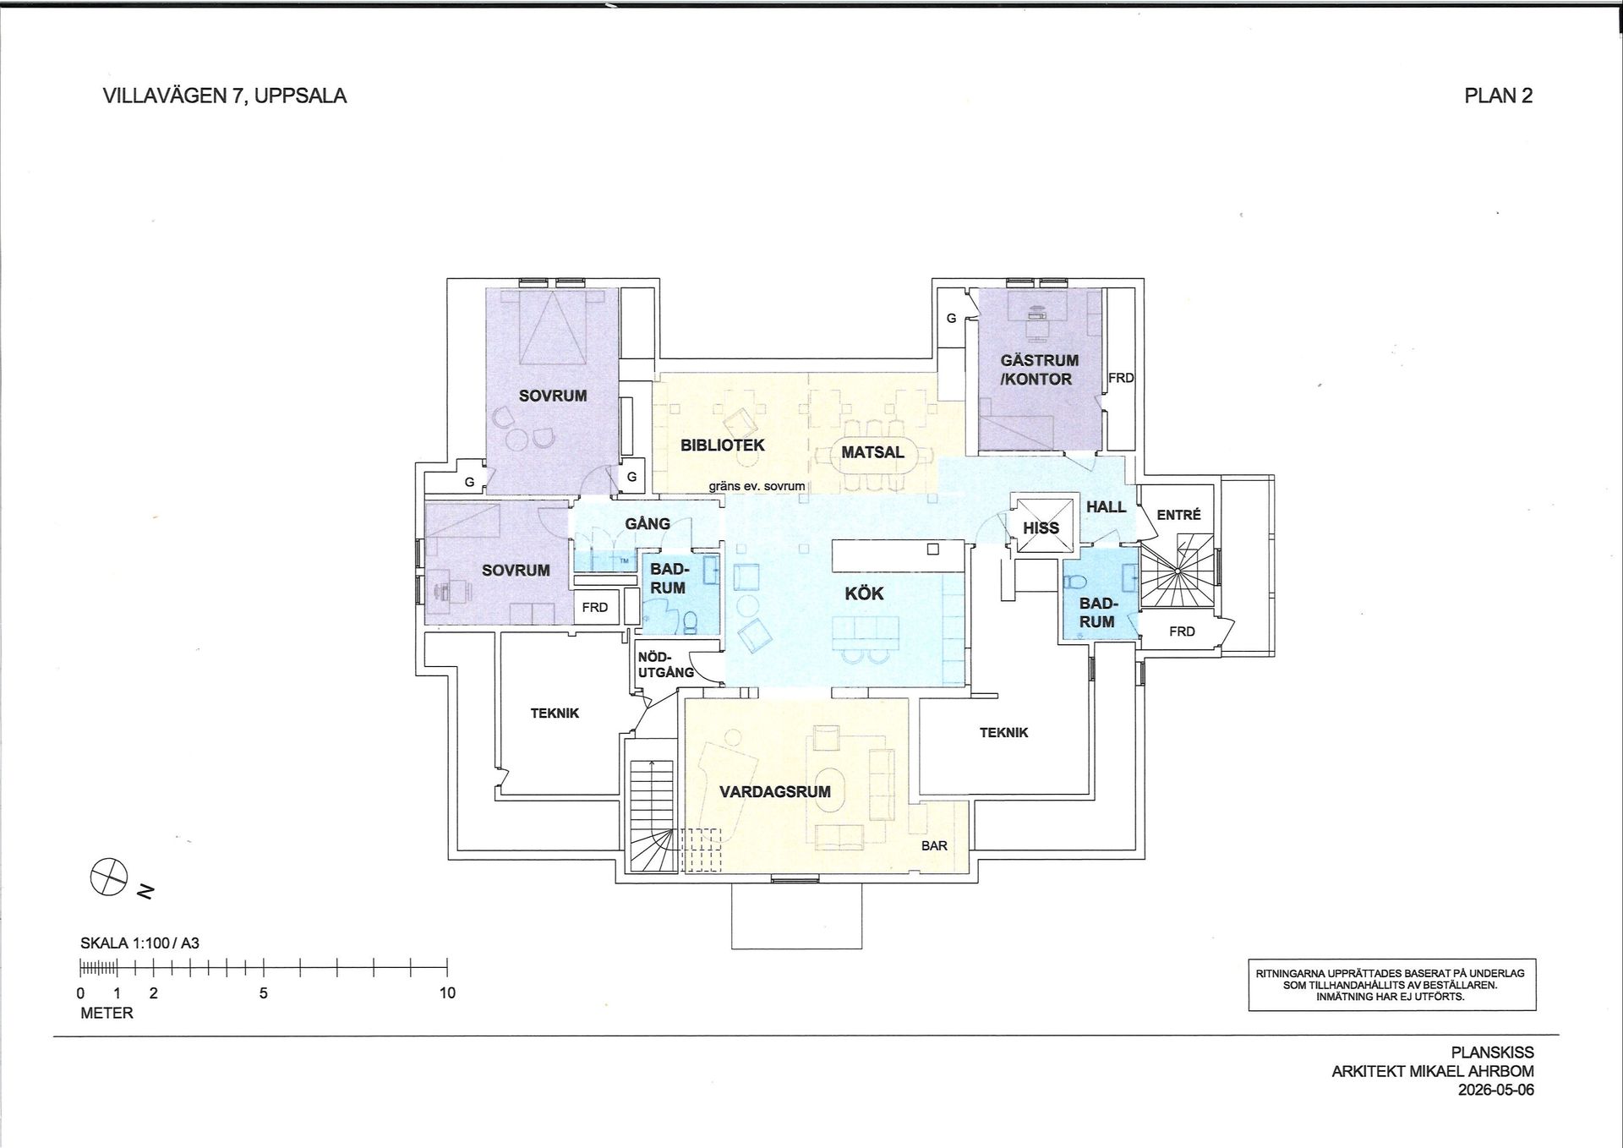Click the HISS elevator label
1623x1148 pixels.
pyautogui.click(x=1041, y=528)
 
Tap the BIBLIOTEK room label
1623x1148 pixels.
pyautogui.click(x=723, y=445)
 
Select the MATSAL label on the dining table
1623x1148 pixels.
pyautogui.click(x=872, y=452)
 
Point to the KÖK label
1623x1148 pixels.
pyautogui.click(x=864, y=593)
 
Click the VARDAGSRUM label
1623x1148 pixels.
pyautogui.click(x=775, y=792)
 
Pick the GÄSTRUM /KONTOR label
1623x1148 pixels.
pyautogui.click(x=1038, y=369)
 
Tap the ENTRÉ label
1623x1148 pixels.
pyautogui.click(x=1178, y=514)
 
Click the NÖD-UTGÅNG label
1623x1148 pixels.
pyautogui.click(x=666, y=664)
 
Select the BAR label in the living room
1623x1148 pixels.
pyautogui.click(x=934, y=845)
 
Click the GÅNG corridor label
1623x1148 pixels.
pyautogui.click(x=648, y=524)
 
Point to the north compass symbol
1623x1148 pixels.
pyautogui.click(x=109, y=876)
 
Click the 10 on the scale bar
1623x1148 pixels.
pyautogui.click(x=447, y=992)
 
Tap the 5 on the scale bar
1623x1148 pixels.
pyautogui.click(x=264, y=992)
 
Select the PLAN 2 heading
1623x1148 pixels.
pyautogui.click(x=1499, y=96)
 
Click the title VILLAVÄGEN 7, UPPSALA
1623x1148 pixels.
pyautogui.click(x=225, y=96)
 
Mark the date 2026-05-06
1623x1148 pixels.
pyautogui.click(x=1496, y=1090)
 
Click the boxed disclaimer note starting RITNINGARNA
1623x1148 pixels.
pyautogui.click(x=1391, y=985)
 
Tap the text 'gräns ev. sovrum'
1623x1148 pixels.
pyautogui.click(x=757, y=486)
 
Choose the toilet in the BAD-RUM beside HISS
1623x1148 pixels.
pyautogui.click(x=1074, y=582)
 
